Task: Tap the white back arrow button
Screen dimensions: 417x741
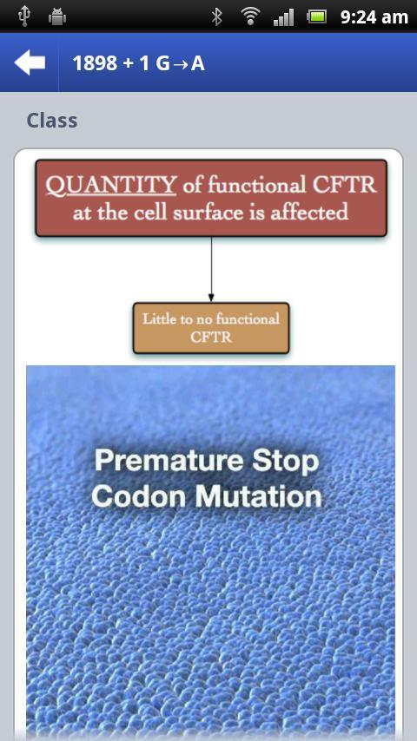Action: (x=30, y=62)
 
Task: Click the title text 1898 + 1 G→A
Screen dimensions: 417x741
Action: (x=139, y=63)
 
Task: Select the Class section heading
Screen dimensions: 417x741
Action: (x=52, y=121)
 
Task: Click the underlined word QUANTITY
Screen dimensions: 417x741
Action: (x=110, y=186)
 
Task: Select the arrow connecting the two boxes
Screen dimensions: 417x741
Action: (x=211, y=268)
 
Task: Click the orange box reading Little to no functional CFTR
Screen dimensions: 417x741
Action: (x=211, y=328)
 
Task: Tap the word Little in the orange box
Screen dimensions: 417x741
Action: (x=159, y=319)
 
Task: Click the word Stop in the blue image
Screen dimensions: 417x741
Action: (x=286, y=462)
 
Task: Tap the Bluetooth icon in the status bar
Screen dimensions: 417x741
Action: (x=217, y=17)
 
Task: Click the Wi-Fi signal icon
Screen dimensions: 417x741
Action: (x=250, y=17)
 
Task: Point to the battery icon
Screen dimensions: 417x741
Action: (x=316, y=17)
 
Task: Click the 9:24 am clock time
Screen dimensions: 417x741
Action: (x=374, y=17)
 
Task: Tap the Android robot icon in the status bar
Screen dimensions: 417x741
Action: (x=56, y=17)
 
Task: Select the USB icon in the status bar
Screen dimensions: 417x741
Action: (x=23, y=17)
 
